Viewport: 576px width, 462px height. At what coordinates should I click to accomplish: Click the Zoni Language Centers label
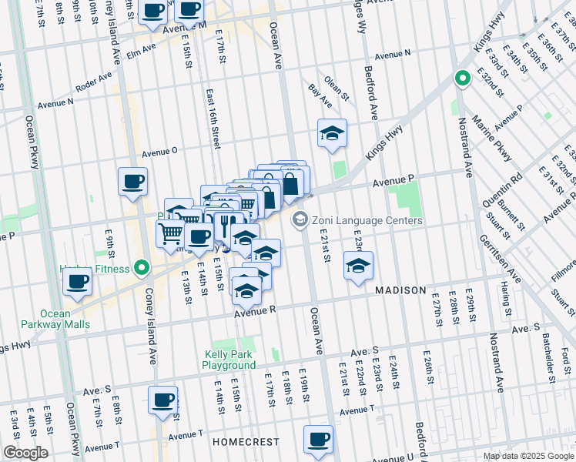point(367,221)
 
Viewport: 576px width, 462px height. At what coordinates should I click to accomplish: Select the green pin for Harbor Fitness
point(141,268)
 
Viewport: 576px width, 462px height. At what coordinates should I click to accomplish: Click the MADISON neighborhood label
point(400,290)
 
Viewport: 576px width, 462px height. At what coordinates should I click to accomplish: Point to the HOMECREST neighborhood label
point(240,443)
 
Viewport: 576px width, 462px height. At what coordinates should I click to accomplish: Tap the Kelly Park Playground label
point(229,360)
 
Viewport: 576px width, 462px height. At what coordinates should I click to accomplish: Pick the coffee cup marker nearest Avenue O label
point(132,182)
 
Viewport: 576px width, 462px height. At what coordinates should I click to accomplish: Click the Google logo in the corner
point(25,453)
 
